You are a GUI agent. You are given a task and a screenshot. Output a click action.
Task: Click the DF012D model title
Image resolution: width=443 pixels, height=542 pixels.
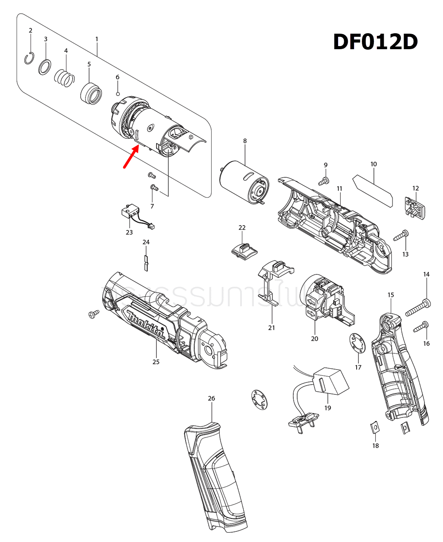click(x=375, y=43)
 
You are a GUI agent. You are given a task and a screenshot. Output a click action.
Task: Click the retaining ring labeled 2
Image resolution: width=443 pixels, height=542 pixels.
click(x=30, y=58)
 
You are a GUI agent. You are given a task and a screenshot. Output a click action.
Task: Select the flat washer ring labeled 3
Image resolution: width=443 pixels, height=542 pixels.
click(x=45, y=67)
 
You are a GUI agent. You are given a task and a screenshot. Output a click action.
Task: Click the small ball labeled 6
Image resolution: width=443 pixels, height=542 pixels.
click(x=118, y=93)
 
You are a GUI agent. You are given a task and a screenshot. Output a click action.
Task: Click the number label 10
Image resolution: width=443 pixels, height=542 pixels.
click(x=373, y=164)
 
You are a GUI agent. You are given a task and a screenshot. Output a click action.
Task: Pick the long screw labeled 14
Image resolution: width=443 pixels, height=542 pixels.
click(x=418, y=306)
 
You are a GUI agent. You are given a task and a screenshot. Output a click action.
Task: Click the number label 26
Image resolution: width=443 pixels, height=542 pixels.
click(x=211, y=398)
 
